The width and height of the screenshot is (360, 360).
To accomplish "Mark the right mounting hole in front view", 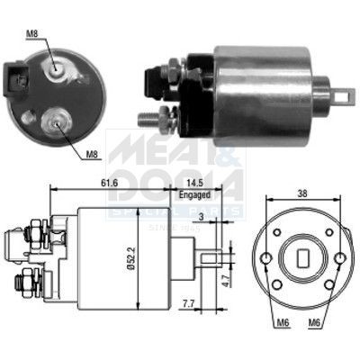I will point(339,257).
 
